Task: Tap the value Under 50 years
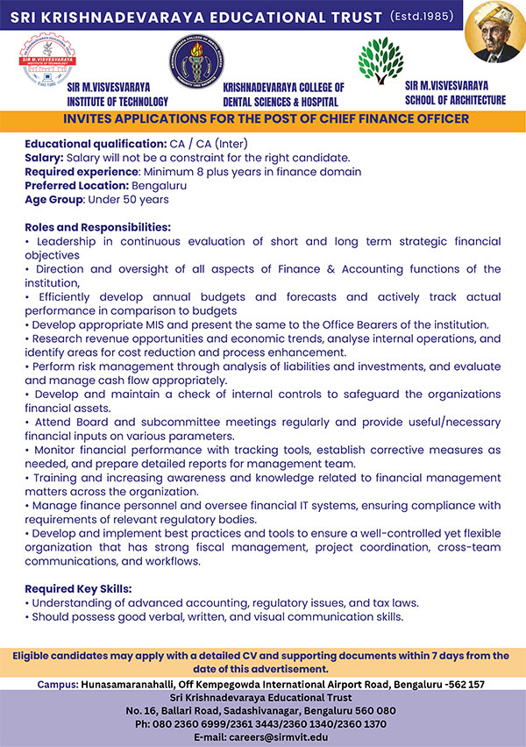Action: [141, 199]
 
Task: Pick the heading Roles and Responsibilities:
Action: [97, 227]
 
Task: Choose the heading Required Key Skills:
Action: [78, 588]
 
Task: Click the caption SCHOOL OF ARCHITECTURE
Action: [455, 100]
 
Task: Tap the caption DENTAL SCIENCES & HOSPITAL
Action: [283, 101]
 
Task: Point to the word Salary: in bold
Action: [44, 157]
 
